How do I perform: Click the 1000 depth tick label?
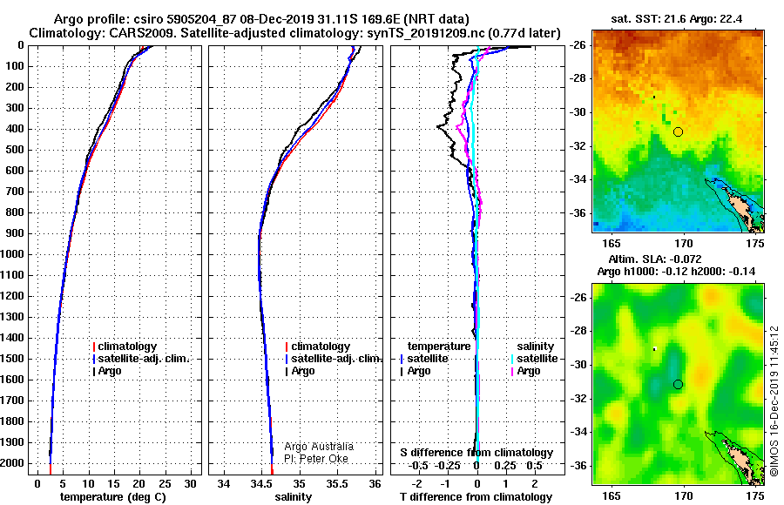(12, 254)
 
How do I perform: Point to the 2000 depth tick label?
(12, 463)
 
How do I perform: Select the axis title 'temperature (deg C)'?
(113, 497)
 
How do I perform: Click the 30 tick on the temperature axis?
(190, 484)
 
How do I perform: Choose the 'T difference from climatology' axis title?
(476, 497)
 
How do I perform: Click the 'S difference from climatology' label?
(476, 453)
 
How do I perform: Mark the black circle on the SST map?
(678, 132)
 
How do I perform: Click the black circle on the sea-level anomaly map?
(678, 385)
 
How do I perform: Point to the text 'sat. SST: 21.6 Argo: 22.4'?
(677, 19)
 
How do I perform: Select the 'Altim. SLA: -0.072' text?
(655, 259)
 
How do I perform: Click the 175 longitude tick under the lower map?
(755, 495)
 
